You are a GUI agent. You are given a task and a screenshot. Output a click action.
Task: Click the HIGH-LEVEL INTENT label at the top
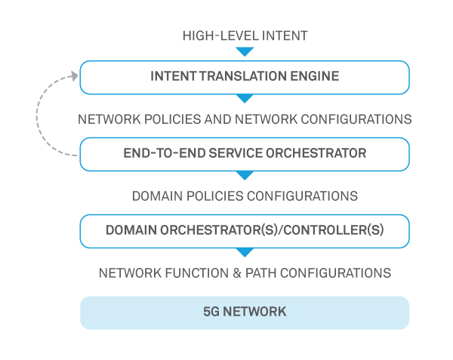tap(245, 35)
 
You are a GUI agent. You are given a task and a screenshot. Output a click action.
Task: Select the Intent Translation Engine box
tap(245, 77)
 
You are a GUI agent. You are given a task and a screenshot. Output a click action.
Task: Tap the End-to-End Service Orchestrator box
tap(245, 154)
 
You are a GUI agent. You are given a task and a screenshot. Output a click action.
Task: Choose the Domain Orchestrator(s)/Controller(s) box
tap(245, 231)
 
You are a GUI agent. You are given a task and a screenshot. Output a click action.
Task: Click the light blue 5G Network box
tap(245, 312)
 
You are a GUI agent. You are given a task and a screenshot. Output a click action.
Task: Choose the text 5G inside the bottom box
tap(211, 312)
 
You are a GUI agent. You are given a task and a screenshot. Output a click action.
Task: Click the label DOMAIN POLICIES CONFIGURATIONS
tap(245, 196)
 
